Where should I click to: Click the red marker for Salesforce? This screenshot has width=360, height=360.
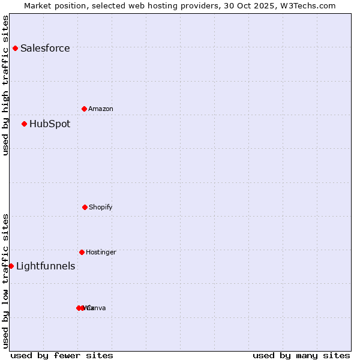[x=15, y=48]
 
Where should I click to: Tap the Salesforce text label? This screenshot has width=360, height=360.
[x=45, y=49]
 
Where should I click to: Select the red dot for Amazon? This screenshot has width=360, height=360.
[x=84, y=109]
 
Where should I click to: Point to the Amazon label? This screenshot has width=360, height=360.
[x=101, y=109]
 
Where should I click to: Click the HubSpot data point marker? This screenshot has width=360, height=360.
[x=24, y=124]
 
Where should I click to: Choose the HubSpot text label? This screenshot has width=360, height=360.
[x=50, y=124]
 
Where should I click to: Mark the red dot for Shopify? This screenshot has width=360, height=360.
[x=85, y=207]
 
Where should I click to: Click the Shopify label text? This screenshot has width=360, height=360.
[x=101, y=208]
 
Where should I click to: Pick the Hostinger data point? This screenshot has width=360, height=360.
[x=82, y=252]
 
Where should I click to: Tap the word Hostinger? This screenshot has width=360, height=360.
[x=101, y=253]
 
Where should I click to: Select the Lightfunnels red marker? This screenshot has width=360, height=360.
[x=11, y=266]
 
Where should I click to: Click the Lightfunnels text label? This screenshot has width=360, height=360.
[x=46, y=266]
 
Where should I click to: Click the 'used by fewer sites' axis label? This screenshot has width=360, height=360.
[x=62, y=355]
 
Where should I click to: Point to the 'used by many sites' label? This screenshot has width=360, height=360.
[x=301, y=355]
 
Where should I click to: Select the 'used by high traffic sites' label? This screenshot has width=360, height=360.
[x=5, y=85]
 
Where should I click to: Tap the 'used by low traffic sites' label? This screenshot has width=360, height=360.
[x=5, y=281]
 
